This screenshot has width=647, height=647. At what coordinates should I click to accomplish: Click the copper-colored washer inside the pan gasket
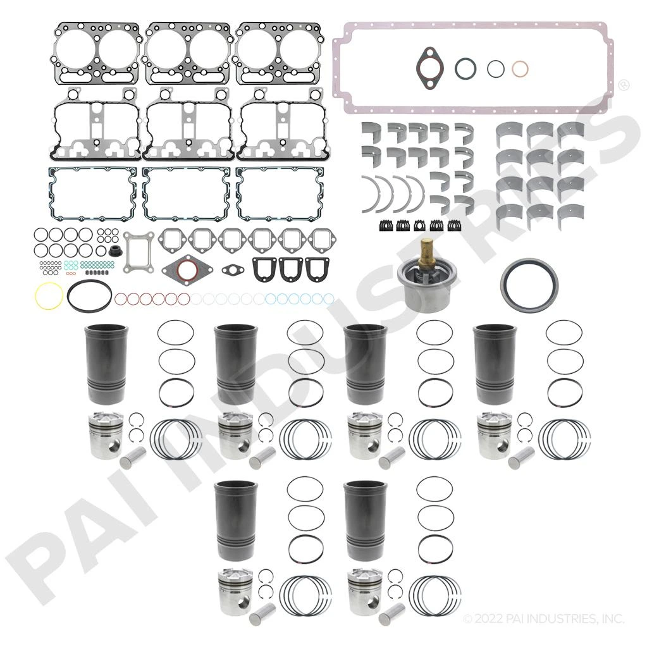point(519,68)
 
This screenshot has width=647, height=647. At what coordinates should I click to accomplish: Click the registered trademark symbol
point(622,84)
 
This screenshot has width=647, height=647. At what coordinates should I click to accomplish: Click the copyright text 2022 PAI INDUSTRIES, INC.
point(543,618)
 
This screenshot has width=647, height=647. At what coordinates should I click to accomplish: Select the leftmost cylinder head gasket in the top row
point(97,53)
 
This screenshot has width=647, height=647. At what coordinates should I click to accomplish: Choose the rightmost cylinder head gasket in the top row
point(279,53)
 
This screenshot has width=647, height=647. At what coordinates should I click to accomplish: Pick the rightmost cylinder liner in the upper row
point(495,364)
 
